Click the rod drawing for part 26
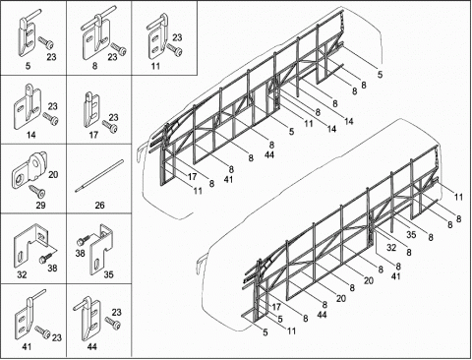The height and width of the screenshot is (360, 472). click(99, 176)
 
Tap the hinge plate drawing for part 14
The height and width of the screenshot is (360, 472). click(27, 108)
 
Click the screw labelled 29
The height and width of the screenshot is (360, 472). click(36, 192)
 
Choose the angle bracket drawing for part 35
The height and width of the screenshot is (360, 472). click(101, 249)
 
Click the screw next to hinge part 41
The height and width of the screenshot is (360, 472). click(42, 331)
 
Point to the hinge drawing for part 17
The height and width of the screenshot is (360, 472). click(91, 110)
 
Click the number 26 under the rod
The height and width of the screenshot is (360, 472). click(99, 206)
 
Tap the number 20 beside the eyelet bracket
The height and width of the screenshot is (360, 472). click(53, 174)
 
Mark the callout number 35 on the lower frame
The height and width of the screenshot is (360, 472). click(411, 234)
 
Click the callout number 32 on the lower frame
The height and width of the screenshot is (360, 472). click(391, 248)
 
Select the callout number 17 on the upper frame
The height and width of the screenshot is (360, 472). click(193, 177)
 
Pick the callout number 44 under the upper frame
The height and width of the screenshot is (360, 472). click(269, 154)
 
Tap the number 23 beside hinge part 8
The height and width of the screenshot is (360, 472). click(112, 57)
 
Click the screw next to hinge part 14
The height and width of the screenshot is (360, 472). click(50, 118)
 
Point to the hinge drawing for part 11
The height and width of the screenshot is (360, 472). click(156, 36)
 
